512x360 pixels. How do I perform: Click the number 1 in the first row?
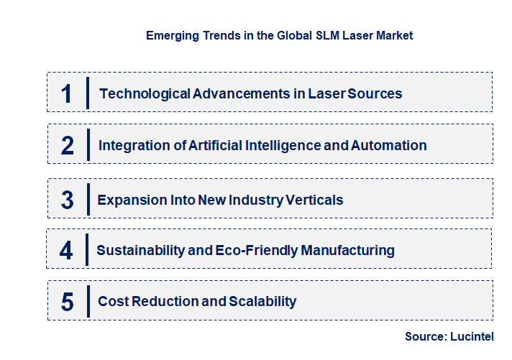(x=67, y=93)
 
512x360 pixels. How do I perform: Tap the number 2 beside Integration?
(x=68, y=145)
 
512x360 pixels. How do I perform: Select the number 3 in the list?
(x=68, y=200)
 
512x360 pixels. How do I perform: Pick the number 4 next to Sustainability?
(x=67, y=250)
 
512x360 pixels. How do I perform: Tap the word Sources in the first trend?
(x=375, y=93)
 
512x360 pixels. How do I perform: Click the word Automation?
(x=388, y=145)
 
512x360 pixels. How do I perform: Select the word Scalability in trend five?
(x=260, y=302)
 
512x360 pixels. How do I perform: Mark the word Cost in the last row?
(x=112, y=302)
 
